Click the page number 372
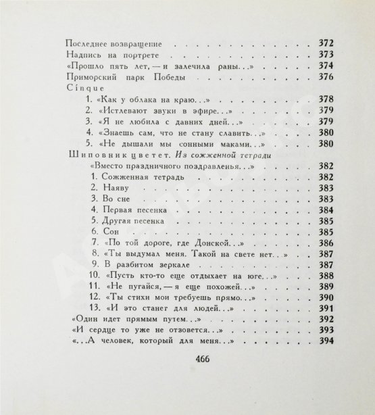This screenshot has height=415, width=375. (x=327, y=42)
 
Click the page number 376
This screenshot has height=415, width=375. (x=327, y=78)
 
